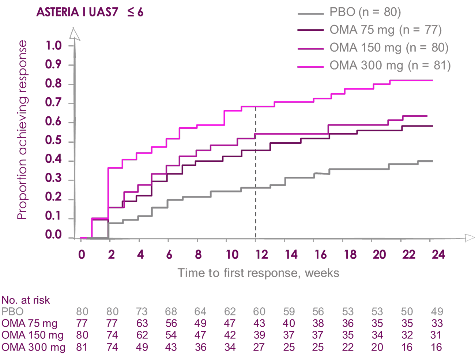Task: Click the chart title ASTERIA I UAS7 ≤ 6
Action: tap(90, 12)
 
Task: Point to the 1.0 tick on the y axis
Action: tap(53, 46)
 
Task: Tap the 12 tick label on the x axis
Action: tap(261, 255)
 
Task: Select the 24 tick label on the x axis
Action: tap(438, 255)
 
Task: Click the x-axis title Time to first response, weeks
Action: tap(258, 273)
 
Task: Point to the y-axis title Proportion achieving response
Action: tap(22, 130)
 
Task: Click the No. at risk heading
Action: tap(26, 300)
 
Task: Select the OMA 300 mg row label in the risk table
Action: tap(33, 347)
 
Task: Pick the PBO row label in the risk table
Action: tap(12, 312)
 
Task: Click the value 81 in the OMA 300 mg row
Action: tap(82, 347)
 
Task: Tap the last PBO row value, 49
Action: tap(437, 312)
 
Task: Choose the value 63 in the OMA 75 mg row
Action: tap(142, 323)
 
